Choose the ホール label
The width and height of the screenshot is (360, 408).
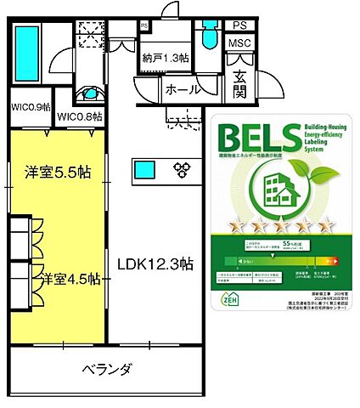tap(183, 89)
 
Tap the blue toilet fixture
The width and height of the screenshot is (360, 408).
tap(207, 38)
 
